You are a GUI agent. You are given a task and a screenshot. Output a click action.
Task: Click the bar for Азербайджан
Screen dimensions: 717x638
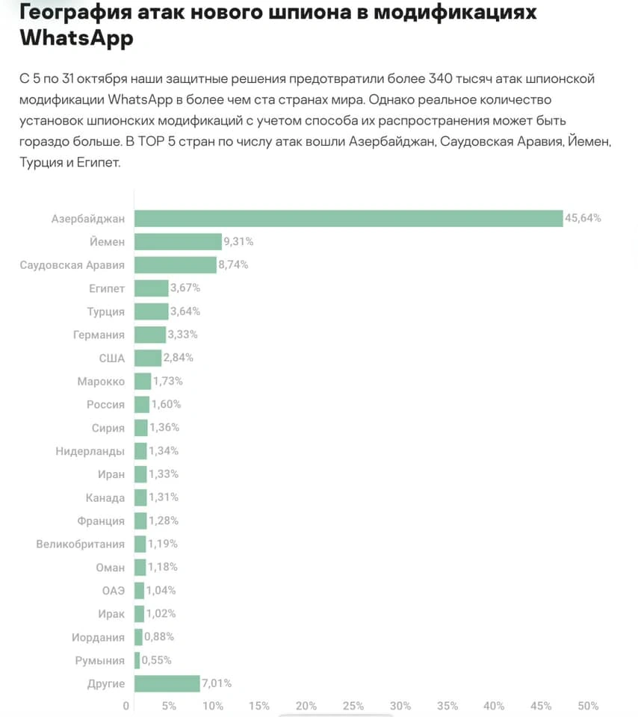tap(347, 218)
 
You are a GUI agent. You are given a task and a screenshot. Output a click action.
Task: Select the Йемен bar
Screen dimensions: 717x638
tap(178, 241)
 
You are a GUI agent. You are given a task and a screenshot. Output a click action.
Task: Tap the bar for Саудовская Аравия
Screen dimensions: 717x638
tap(175, 264)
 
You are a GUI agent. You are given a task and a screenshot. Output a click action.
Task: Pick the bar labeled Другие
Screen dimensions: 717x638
tap(167, 683)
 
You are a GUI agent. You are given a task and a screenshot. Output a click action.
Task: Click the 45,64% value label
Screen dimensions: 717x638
tap(583, 218)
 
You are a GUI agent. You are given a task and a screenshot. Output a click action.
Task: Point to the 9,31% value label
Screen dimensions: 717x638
tap(239, 241)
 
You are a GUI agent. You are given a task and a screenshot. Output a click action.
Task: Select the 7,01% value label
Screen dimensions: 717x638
tap(217, 683)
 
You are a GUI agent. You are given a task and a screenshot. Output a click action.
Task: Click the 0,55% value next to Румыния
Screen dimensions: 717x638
tap(157, 660)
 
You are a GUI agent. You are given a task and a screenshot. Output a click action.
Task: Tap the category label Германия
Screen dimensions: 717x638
tap(99, 335)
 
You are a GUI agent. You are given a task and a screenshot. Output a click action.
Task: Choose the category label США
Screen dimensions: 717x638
tap(111, 358)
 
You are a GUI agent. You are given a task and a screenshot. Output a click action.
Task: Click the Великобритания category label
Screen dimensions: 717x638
tap(80, 544)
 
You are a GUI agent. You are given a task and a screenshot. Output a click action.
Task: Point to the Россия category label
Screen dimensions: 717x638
tap(105, 404)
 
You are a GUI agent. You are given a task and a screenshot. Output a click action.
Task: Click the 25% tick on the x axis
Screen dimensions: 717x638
tap(353, 706)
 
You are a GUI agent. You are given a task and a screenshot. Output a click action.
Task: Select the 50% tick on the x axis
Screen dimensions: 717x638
tap(588, 706)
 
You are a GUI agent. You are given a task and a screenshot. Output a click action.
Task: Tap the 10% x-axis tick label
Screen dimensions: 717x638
tap(213, 706)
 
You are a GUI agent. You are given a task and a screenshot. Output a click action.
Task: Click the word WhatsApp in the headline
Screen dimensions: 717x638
tap(76, 37)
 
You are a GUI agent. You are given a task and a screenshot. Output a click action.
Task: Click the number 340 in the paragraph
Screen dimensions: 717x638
tap(445, 79)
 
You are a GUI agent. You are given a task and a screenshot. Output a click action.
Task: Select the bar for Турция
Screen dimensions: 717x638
tap(151, 311)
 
